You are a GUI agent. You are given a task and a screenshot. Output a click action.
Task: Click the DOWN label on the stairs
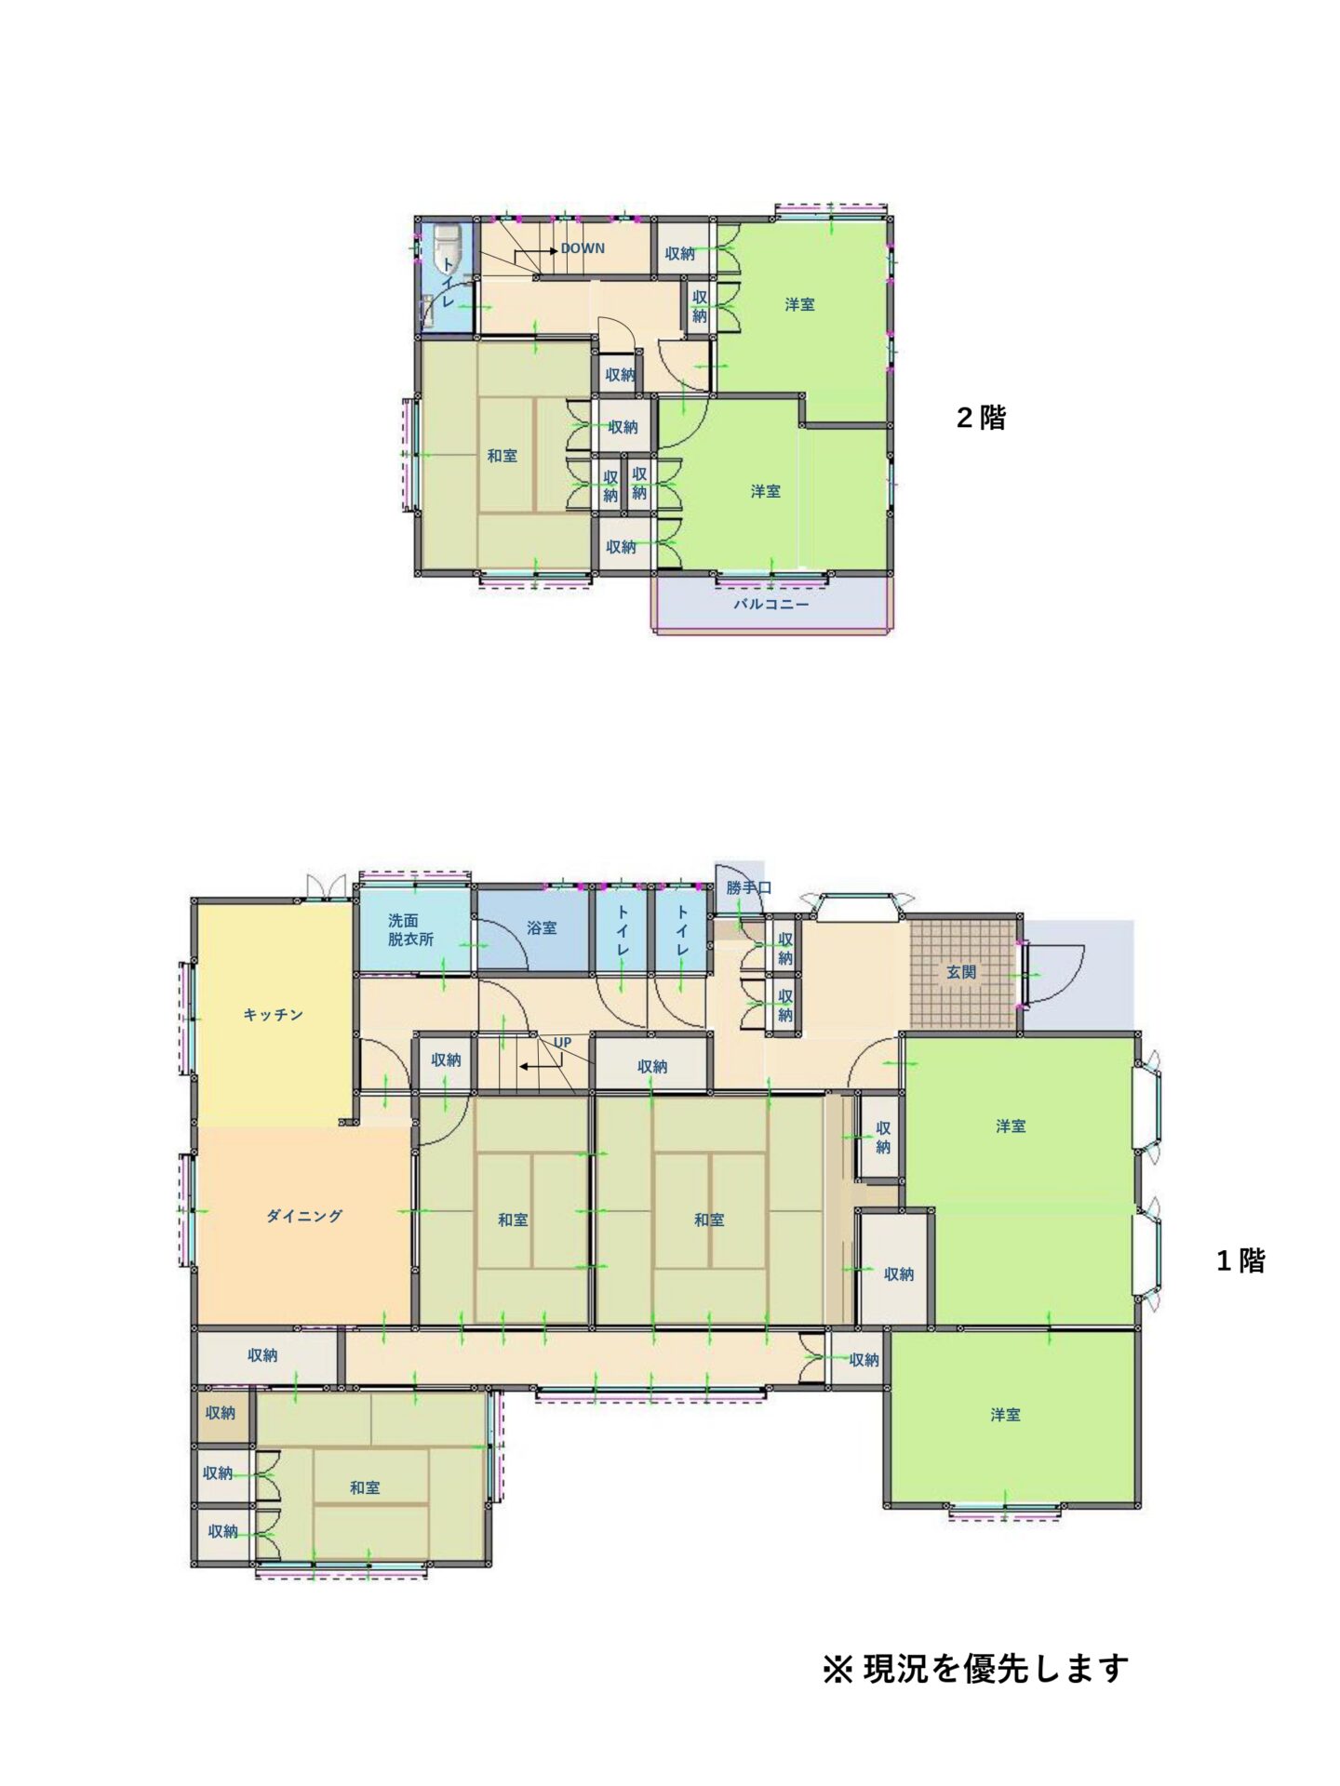tap(583, 248)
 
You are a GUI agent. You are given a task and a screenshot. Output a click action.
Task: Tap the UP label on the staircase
tap(562, 1043)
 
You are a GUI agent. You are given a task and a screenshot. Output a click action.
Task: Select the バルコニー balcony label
tap(771, 604)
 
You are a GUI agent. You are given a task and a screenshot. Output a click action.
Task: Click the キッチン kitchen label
tap(274, 1014)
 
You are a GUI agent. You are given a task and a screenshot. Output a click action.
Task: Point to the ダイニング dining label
tap(304, 1216)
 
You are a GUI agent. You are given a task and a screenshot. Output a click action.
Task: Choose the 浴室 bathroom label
tap(542, 927)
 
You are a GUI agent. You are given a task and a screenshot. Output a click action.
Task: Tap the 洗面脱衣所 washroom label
tap(410, 929)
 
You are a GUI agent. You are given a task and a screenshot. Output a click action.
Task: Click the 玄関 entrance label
tap(961, 972)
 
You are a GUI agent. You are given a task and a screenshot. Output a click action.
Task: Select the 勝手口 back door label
tap(749, 887)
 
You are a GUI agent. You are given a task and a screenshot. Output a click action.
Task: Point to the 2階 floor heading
tap(981, 418)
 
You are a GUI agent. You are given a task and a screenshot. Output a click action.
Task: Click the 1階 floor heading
tap(1240, 1261)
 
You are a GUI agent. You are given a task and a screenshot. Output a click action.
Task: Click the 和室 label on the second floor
tap(502, 456)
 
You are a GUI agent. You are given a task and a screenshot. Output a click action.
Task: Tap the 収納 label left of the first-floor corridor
tap(262, 1355)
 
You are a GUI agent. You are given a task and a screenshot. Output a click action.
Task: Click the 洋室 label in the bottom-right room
tap(1005, 1415)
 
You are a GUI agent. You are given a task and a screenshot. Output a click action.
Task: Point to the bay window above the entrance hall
tap(858, 905)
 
